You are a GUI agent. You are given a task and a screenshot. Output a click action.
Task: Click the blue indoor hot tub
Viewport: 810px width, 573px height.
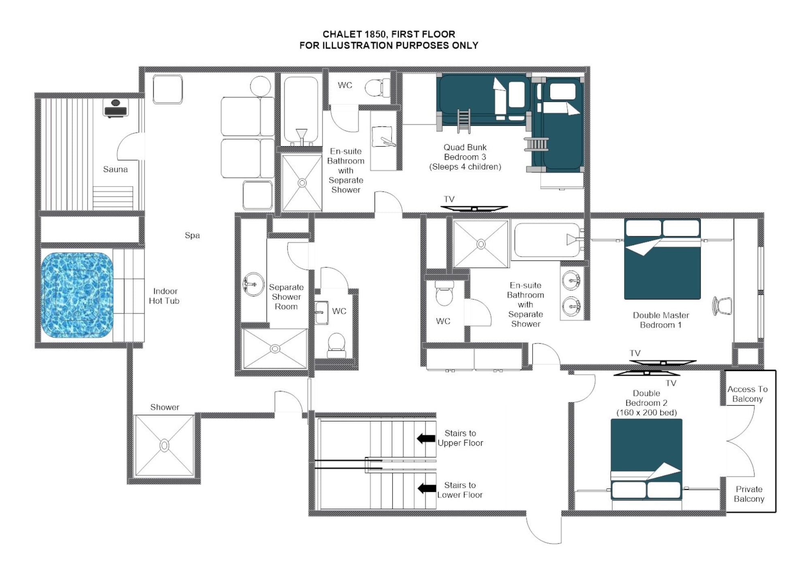77,295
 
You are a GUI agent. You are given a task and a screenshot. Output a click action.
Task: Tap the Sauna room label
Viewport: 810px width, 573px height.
115,169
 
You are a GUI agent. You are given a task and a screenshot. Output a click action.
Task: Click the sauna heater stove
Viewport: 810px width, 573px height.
115,108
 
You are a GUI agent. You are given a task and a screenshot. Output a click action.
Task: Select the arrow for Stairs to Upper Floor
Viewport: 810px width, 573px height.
426,438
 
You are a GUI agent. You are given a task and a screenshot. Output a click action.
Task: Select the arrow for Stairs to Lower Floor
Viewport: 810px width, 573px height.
426,488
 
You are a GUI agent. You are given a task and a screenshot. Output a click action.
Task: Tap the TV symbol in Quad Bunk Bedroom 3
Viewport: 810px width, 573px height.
474,209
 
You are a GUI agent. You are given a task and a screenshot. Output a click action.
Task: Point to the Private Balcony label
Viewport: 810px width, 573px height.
749,494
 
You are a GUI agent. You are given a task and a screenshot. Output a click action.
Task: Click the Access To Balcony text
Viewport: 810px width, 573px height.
747,394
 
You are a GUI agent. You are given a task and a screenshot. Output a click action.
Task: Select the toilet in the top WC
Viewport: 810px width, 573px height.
377,88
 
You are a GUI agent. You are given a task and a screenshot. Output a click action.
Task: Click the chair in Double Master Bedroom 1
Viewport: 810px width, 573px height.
723,306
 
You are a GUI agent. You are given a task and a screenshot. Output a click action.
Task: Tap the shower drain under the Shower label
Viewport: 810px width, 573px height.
164,445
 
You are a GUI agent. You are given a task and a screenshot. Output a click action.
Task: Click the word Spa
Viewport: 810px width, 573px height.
192,235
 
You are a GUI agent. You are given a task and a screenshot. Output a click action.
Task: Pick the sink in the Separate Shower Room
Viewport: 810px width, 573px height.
253,284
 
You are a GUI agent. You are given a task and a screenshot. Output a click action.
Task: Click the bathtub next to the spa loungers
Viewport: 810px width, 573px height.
301,109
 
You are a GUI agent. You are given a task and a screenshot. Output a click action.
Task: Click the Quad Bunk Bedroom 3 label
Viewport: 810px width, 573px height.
465,157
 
